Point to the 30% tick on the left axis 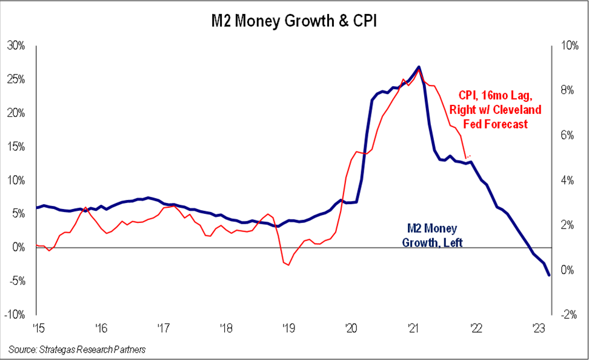16,45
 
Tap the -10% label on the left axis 15,315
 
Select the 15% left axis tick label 16,146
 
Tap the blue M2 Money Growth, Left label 431,236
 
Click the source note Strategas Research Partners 78,350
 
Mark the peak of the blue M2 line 419,67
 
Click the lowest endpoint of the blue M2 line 549,275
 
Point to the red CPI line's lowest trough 288,265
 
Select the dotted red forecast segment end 470,156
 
